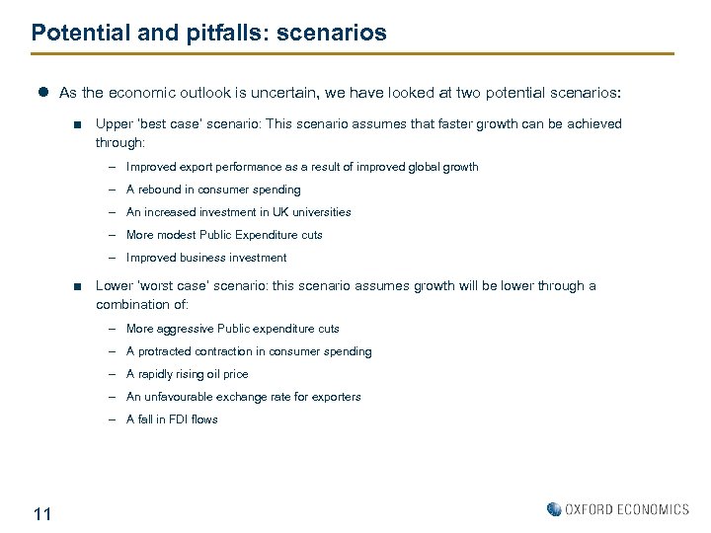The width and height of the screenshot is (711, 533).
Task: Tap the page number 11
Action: tap(42, 513)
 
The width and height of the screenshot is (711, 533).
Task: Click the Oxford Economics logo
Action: tap(618, 509)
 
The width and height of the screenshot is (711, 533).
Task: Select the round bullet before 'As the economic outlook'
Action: tap(43, 93)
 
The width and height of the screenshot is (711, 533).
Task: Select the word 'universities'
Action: tap(318, 212)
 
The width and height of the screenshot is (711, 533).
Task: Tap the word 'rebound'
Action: tap(165, 190)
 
